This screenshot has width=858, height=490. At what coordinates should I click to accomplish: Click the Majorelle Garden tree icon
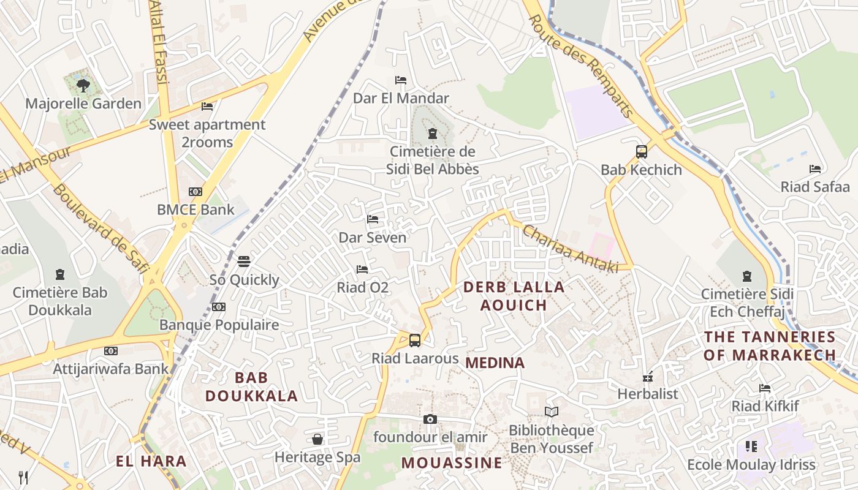coord(83,86)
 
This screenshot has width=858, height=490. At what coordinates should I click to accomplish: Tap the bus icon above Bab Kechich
coord(642,151)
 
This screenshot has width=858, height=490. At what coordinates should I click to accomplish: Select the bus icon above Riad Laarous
coord(415,340)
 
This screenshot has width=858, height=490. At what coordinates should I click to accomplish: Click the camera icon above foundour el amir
coord(430,419)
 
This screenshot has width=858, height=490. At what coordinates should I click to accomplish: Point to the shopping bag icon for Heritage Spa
coord(317,439)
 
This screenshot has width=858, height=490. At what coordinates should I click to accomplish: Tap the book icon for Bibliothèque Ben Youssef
coord(552,412)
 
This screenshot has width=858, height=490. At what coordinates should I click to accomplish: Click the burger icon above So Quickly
coord(244,262)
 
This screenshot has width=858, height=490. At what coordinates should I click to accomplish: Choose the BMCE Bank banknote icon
coord(196,192)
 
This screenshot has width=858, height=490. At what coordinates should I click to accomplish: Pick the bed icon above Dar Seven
coord(373,219)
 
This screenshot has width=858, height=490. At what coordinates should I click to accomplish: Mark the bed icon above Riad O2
coord(362,269)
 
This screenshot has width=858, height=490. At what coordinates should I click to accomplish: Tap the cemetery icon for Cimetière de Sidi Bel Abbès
coord(433,133)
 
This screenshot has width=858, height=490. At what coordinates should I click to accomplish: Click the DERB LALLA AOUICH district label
coord(514,296)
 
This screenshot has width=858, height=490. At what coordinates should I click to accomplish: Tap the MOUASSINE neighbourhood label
coord(452,463)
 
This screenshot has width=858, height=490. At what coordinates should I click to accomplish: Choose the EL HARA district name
coord(151,461)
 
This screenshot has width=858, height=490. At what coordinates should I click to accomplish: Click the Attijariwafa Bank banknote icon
coord(110,351)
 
